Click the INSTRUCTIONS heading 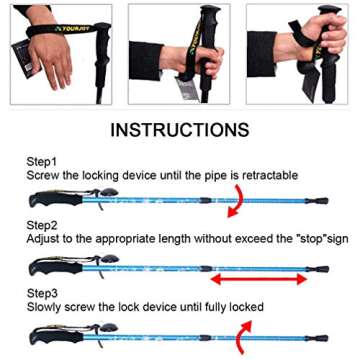pyautogui.click(x=180, y=130)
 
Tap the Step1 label pyautogui.click(x=42, y=160)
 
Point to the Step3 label pyautogui.click(x=42, y=290)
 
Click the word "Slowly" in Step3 pyautogui.click(x=47, y=304)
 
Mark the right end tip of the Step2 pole pyautogui.click(x=321, y=269)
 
